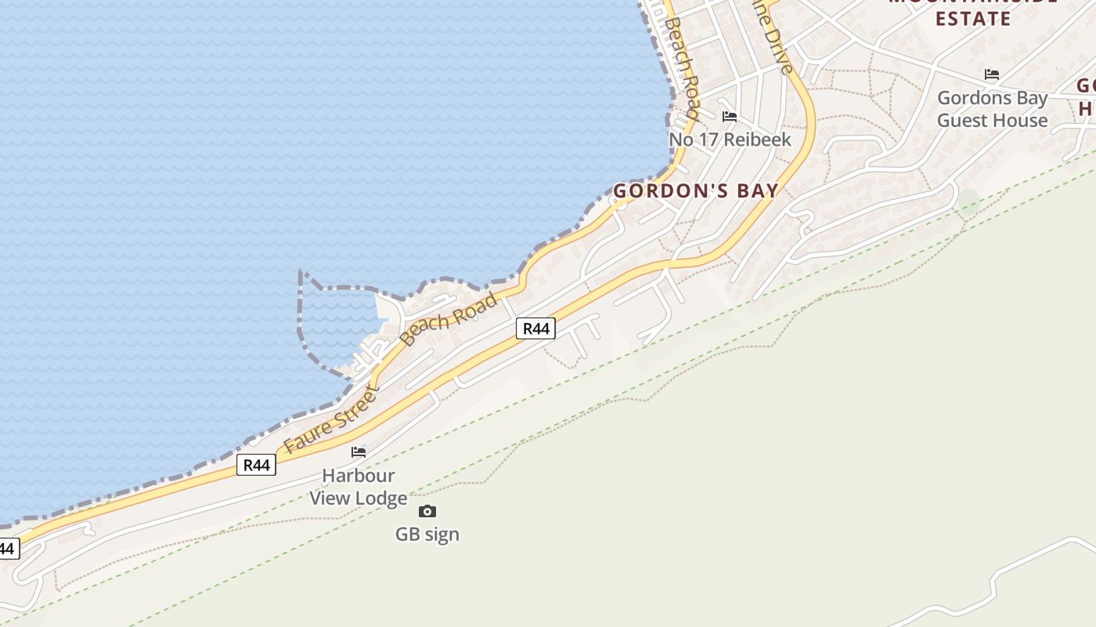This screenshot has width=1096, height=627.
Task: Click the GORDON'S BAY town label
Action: (696, 190)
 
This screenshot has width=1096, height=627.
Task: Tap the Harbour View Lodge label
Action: (359, 487)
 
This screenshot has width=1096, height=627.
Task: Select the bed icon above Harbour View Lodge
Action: (359, 452)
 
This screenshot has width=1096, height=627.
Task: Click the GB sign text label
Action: (427, 535)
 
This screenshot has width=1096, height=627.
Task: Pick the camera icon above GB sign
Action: (427, 512)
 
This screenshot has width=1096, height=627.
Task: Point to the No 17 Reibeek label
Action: (730, 140)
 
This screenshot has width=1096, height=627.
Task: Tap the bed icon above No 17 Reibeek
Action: (730, 117)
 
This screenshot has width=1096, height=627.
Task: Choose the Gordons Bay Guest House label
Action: (992, 109)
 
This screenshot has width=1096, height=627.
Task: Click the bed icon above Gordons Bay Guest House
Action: (992, 75)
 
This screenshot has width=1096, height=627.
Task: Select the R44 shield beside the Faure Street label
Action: (256, 465)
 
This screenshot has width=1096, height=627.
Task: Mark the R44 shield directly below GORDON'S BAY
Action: (535, 328)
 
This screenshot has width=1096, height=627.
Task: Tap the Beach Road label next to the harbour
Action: (449, 319)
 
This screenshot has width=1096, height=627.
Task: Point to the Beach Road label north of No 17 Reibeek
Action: (681, 67)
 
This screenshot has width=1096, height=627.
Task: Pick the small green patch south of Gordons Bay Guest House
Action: (969, 201)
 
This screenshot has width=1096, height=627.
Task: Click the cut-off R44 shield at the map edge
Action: (8, 548)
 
